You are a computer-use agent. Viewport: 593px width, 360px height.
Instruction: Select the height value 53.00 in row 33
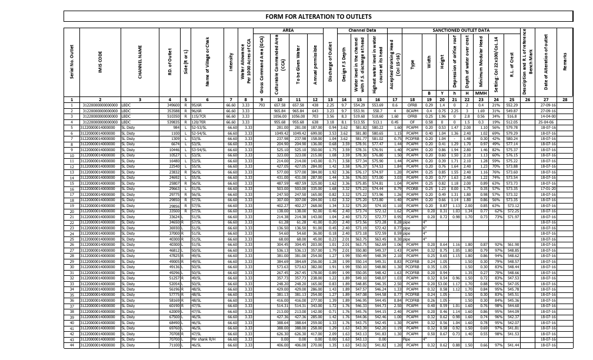tap(442, 284)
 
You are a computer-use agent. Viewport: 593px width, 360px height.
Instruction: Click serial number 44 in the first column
tap(71, 345)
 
